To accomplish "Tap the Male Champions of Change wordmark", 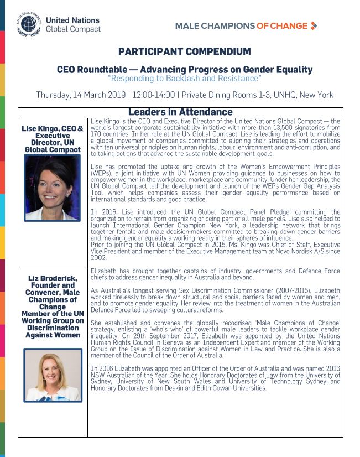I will pyautogui.click(x=241, y=26).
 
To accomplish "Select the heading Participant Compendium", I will pyautogui.click(x=184, y=52).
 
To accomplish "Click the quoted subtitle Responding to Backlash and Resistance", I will pyautogui.click(x=184, y=79).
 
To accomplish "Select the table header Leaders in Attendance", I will pyautogui.click(x=180, y=112).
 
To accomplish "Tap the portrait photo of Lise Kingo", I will pyautogui.click(x=53, y=188).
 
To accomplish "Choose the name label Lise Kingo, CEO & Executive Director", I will pyautogui.click(x=53, y=139).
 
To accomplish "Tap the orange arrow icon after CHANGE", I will pyautogui.click(x=314, y=25).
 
